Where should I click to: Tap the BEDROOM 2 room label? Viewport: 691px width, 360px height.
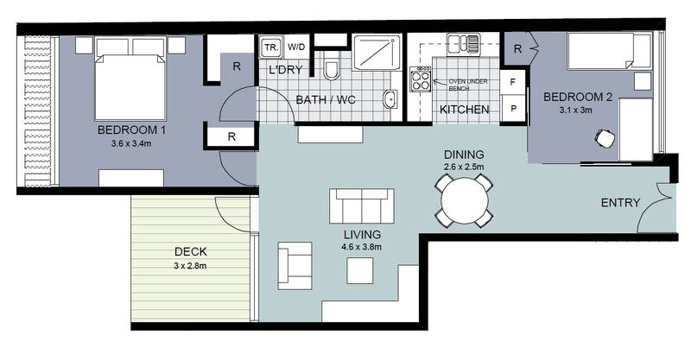578,98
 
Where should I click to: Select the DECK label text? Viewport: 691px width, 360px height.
190,252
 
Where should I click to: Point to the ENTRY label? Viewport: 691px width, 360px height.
621,204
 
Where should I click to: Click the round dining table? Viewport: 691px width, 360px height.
463,201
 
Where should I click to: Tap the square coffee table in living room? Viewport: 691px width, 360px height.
360,271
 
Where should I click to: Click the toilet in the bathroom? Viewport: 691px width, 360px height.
330,65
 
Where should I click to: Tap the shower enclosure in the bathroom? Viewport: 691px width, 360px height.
375,54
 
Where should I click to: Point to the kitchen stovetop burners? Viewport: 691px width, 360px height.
423,80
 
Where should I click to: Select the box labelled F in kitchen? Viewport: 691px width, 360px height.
513,84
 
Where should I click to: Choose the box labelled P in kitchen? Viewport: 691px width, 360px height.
513,110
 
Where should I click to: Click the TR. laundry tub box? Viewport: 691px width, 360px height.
269,47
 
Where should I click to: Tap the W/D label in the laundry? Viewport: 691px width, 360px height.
296,47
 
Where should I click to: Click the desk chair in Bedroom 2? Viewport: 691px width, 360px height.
605,137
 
